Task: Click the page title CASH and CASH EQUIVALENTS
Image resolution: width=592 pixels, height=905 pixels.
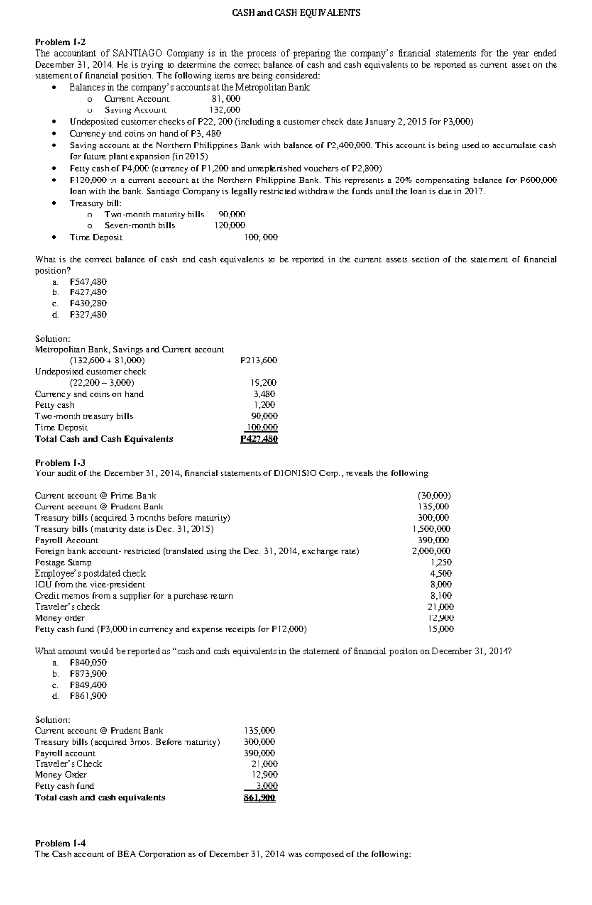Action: [296, 13]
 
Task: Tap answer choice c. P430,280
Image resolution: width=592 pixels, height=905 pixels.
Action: [88, 303]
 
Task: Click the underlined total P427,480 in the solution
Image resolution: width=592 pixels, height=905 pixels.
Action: [259, 439]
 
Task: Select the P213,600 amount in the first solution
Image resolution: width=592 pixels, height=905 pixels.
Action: [259, 361]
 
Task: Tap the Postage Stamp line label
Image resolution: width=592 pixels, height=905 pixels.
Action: [63, 562]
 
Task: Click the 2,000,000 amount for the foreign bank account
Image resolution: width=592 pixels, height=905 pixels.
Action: [431, 551]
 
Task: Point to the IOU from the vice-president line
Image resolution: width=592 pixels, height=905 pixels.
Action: [90, 584]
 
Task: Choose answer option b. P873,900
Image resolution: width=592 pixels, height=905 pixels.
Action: [88, 674]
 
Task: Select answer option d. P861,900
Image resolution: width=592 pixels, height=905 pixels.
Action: [88, 696]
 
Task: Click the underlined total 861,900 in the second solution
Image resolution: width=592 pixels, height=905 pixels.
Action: [259, 797]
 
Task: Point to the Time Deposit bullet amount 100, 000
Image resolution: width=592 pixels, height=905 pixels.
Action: [261, 237]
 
